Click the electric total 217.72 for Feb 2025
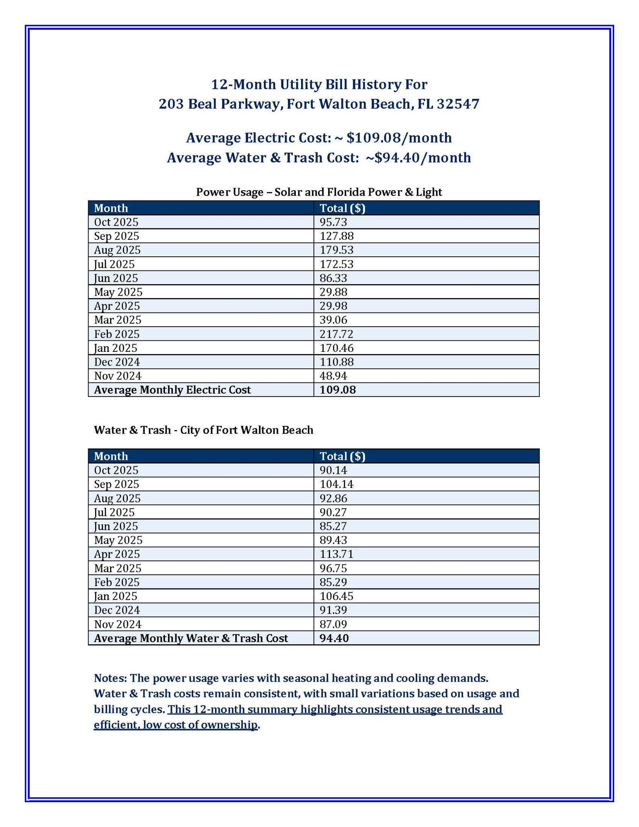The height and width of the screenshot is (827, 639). [x=336, y=334]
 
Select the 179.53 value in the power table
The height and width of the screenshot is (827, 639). [x=336, y=250]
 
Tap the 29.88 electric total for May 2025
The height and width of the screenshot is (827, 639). [x=333, y=292]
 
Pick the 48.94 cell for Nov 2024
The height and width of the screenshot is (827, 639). [x=333, y=376]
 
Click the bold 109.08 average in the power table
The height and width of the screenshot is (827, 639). [x=337, y=390]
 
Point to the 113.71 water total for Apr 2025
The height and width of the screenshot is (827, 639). [x=336, y=554]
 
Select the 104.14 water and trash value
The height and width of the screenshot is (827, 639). [x=336, y=484]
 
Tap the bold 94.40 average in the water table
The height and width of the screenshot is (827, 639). [x=334, y=638]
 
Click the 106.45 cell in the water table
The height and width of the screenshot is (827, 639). [x=336, y=596]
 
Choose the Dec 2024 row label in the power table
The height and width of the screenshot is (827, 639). [x=117, y=362]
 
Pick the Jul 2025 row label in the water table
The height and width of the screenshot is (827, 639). [x=114, y=512]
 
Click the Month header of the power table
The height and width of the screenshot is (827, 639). [x=111, y=208]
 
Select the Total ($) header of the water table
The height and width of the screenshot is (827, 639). [x=342, y=456]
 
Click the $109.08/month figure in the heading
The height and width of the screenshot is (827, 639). [x=399, y=138]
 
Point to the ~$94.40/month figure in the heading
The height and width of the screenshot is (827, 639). [x=418, y=158]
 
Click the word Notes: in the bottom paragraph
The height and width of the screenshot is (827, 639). [x=110, y=678]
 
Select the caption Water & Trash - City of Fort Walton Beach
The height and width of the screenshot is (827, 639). [x=203, y=430]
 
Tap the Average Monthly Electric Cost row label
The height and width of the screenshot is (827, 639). [x=172, y=390]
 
